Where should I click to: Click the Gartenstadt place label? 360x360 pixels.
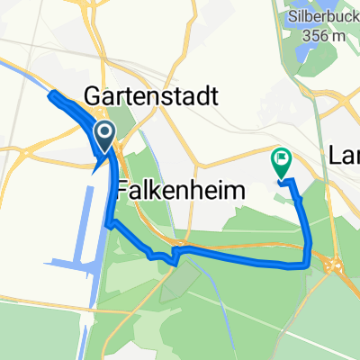[x=151, y=96]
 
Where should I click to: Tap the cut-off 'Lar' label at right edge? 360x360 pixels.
[x=346, y=154]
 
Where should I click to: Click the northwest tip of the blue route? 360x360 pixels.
[x=51, y=95]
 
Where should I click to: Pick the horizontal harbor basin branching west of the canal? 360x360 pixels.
[x=67, y=264]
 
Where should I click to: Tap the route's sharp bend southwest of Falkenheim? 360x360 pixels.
[x=108, y=223]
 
